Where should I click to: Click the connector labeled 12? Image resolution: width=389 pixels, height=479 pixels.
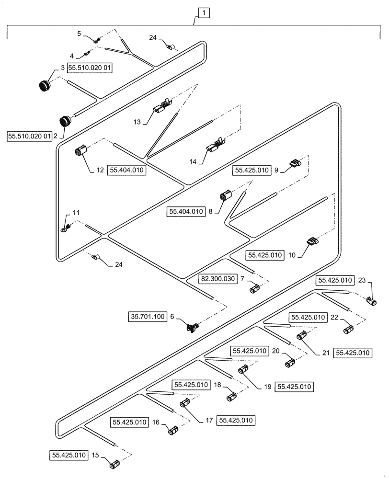pyautogui.click(x=80, y=152)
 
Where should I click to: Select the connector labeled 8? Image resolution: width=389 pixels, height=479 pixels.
pyautogui.click(x=226, y=196)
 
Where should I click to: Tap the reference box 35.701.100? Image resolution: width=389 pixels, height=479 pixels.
pyautogui.click(x=147, y=316)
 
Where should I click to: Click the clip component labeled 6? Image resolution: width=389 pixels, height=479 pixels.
pyautogui.click(x=193, y=328)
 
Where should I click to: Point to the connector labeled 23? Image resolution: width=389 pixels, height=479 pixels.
pyautogui.click(x=372, y=301)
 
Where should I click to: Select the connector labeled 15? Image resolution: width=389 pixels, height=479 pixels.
pyautogui.click(x=115, y=464)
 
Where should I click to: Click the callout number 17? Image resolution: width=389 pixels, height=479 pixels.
pyautogui.click(x=209, y=421)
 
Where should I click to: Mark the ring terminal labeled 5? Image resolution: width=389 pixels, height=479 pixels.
pyautogui.click(x=94, y=41)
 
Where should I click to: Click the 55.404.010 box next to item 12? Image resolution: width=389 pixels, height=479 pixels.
pyautogui.click(x=127, y=170)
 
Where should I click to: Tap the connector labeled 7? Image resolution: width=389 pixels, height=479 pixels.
pyautogui.click(x=254, y=288)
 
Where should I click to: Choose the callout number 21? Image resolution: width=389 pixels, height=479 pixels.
pyautogui.click(x=325, y=353)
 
